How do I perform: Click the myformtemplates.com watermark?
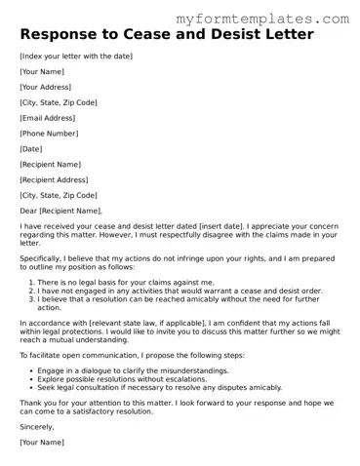(x=275, y=19)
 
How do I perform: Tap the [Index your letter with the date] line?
(x=76, y=57)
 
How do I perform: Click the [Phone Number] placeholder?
(x=49, y=134)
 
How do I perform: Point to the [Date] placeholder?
(x=31, y=149)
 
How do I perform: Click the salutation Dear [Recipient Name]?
(x=60, y=211)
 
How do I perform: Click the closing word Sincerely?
(x=37, y=426)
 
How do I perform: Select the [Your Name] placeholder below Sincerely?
(x=42, y=442)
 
